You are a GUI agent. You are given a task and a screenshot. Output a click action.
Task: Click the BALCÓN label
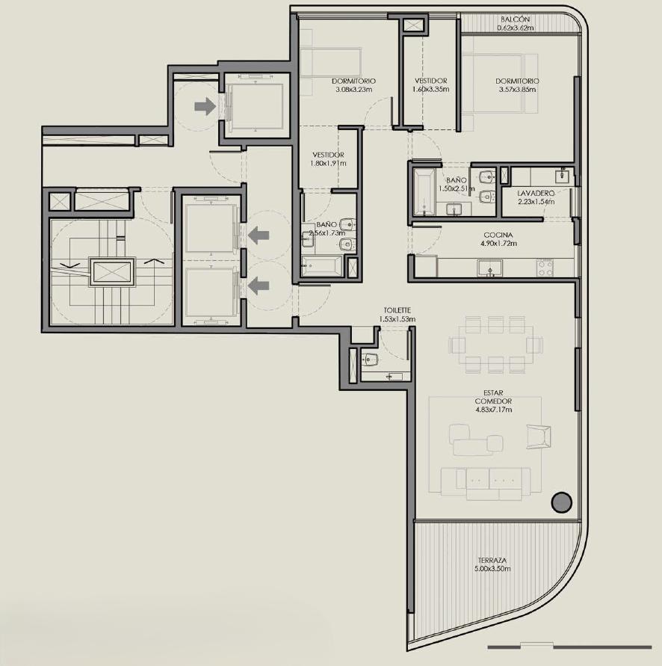click(x=515, y=19)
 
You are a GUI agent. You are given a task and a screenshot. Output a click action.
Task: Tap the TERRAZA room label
click(x=492, y=561)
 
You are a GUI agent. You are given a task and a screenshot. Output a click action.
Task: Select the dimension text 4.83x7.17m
click(x=494, y=410)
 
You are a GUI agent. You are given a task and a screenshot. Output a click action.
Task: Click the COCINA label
click(x=498, y=235)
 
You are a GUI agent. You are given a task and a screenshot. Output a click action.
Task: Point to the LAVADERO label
click(x=536, y=194)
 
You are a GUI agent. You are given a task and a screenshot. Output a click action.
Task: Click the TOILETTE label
click(x=397, y=310)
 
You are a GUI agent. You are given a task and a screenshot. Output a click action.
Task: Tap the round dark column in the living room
click(x=561, y=502)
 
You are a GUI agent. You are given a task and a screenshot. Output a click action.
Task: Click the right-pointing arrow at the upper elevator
click(x=205, y=106)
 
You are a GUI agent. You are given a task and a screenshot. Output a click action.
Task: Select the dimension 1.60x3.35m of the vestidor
click(x=430, y=90)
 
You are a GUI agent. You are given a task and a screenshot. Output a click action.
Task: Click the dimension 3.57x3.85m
click(x=517, y=90)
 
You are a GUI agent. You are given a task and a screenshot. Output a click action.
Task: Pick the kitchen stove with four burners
click(x=545, y=268)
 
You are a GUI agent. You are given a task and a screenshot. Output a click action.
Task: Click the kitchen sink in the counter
click(x=490, y=268)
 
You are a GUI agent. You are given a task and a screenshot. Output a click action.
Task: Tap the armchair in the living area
click(x=539, y=437)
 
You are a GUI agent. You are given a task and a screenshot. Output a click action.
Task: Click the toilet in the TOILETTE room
click(x=371, y=360)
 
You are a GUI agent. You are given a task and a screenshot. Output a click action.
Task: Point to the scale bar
click(x=569, y=647)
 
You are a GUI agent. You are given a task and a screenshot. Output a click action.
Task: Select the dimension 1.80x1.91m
click(x=328, y=164)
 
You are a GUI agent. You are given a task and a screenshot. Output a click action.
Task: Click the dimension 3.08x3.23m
click(x=353, y=90)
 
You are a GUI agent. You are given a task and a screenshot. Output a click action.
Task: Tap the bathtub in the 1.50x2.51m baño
click(x=424, y=192)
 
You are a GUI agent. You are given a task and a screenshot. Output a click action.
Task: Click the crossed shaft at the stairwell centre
click(x=111, y=272)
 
